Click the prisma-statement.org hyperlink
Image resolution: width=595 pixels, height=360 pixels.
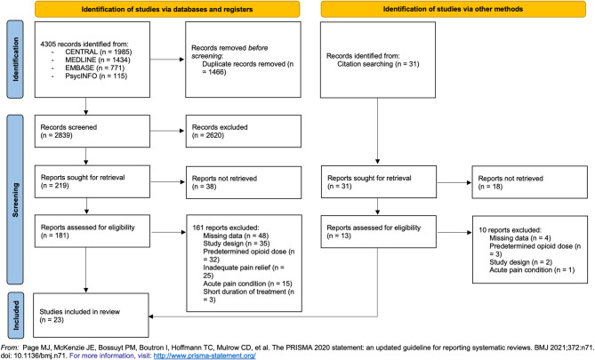[x=205, y=356]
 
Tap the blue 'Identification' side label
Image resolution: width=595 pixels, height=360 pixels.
[x=15, y=60]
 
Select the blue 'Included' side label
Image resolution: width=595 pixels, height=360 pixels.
[x=15, y=315]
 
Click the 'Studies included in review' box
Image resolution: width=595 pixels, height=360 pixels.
[x=91, y=316]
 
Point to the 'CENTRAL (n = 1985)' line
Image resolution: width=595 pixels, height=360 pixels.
[x=99, y=52]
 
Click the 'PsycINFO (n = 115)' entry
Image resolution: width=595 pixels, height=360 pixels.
[x=96, y=76]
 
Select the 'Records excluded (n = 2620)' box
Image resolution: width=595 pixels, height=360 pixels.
[x=243, y=132]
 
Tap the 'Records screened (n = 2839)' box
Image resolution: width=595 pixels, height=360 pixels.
[x=92, y=132]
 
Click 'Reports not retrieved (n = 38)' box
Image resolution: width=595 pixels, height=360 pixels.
[x=244, y=182]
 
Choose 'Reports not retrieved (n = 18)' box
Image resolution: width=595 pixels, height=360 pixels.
[x=530, y=182]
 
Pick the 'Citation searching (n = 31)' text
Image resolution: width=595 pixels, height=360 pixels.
[x=378, y=64]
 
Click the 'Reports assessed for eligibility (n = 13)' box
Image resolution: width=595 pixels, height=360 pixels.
[x=378, y=232]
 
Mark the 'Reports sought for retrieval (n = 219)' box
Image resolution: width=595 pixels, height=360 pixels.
[x=92, y=181]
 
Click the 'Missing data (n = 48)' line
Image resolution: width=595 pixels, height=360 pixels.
[x=236, y=236]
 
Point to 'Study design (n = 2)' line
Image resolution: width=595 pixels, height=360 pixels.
[x=520, y=262]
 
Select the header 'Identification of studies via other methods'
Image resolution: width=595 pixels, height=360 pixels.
[x=453, y=9]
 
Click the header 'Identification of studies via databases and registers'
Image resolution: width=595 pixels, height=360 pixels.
[x=167, y=9]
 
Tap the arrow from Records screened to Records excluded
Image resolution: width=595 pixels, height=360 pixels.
[x=168, y=131]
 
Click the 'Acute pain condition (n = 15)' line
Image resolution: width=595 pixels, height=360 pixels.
[x=247, y=284]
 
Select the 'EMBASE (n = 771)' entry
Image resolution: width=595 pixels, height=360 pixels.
[x=94, y=68]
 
